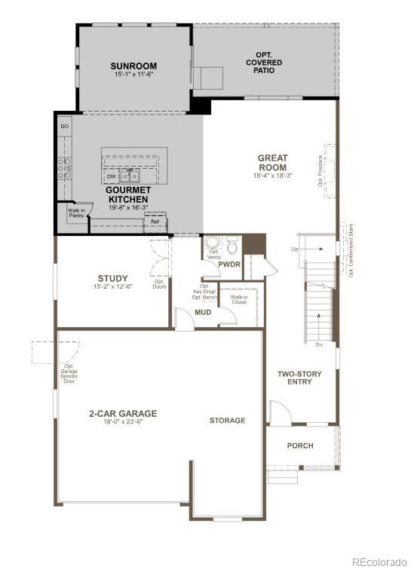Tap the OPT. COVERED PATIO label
click(264, 62)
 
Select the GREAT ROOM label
click(272, 163)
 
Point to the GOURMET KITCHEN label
click(127, 194)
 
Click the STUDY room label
click(112, 278)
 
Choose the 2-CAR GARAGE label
click(122, 413)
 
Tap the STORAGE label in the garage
click(227, 421)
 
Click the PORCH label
click(300, 445)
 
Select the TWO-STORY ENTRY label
click(299, 378)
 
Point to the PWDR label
click(229, 265)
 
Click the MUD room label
click(203, 312)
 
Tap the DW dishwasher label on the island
click(111, 176)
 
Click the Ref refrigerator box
click(155, 222)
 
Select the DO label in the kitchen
click(64, 127)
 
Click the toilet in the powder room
click(232, 246)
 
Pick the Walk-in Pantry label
click(76, 213)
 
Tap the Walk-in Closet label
click(239, 299)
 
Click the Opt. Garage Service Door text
click(69, 373)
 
